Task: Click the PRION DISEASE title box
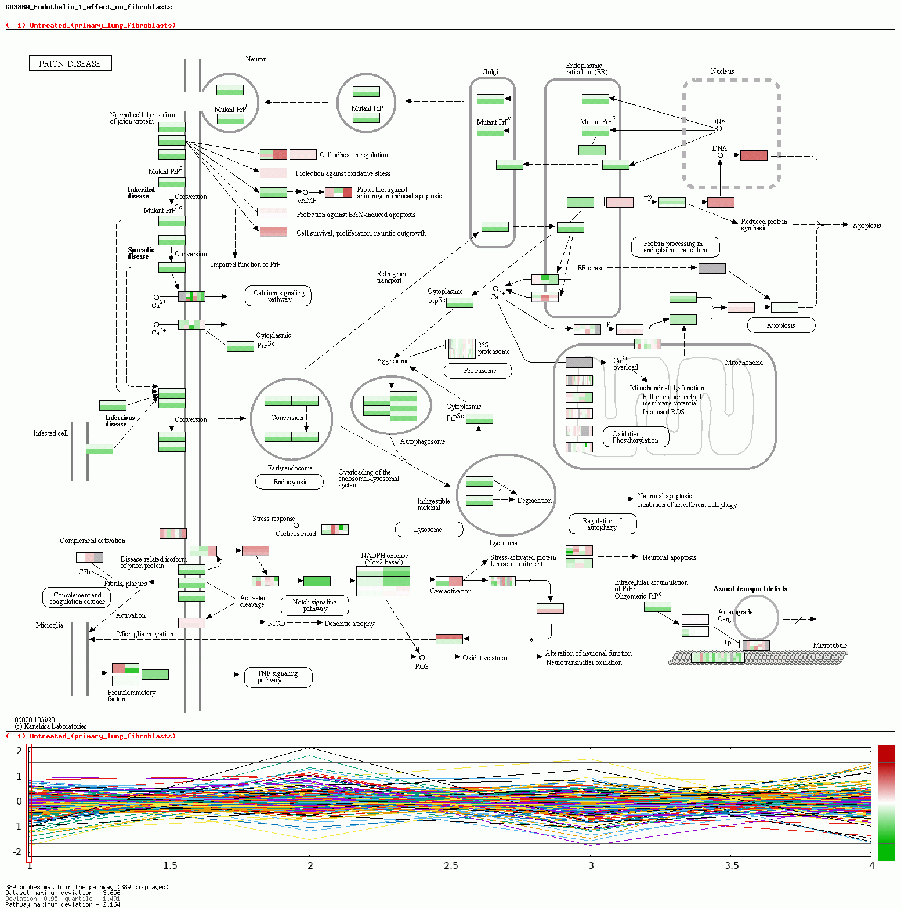[70, 63]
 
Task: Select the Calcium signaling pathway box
[278, 296]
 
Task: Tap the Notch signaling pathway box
[315, 606]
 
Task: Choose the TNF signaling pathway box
[278, 677]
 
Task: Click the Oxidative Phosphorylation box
[636, 437]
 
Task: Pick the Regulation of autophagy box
[602, 524]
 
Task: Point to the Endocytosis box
[290, 482]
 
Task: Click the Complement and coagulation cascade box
[77, 598]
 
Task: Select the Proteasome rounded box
[479, 371]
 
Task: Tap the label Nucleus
[722, 71]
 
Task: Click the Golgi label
[490, 72]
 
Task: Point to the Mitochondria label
[743, 363]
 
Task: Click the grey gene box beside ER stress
[712, 268]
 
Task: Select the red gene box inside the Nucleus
[754, 155]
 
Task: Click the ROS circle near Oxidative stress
[422, 657]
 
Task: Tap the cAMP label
[307, 201]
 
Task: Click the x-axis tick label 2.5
[451, 865]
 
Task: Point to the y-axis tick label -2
[19, 852]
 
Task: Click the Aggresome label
[393, 361]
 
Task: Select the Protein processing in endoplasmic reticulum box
[675, 247]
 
